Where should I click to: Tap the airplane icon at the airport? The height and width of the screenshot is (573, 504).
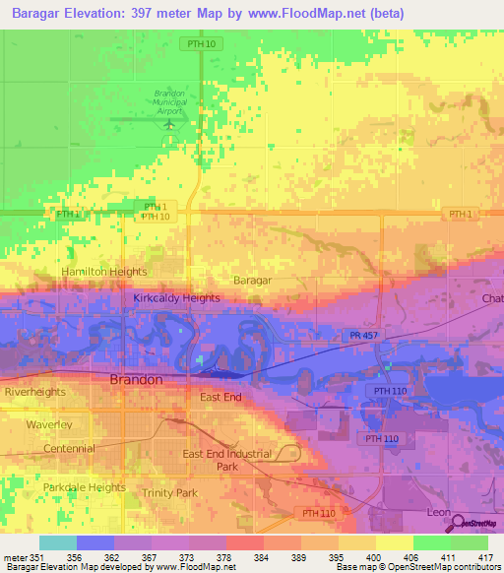pyautogui.click(x=171, y=124)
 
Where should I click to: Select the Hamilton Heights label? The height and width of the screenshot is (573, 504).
pyautogui.click(x=104, y=272)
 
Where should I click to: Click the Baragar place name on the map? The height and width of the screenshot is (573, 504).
pyautogui.click(x=252, y=281)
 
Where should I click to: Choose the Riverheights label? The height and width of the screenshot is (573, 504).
pyautogui.click(x=34, y=391)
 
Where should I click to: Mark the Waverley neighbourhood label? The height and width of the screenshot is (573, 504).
pyautogui.click(x=50, y=424)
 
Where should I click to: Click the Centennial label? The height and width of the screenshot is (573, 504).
pyautogui.click(x=69, y=448)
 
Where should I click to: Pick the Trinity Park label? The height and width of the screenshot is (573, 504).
pyautogui.click(x=170, y=493)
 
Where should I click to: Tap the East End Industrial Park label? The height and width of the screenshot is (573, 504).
pyautogui.click(x=227, y=460)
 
